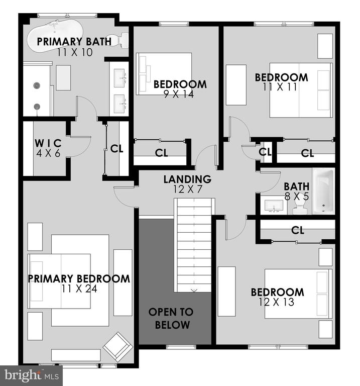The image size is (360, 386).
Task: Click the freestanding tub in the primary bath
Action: coord(55,35)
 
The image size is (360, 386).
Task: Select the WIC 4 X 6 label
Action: coord(48,148)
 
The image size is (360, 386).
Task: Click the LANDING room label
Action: coord(187,179)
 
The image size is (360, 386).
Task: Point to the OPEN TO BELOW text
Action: coord(171,318)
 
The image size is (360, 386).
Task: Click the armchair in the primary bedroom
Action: coord(118,347)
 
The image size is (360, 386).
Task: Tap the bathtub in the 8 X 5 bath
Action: coord(323,191)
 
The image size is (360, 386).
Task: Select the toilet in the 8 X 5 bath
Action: coord(300,206)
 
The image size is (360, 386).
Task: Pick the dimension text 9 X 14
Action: coord(179,94)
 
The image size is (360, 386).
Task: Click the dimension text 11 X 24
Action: coord(79,288)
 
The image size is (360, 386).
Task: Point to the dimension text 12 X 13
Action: coord(276,302)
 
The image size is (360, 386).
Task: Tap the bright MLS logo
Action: coord(31,375)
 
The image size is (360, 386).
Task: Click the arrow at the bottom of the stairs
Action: coord(194,291)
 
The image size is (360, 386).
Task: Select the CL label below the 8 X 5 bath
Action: coord(298,230)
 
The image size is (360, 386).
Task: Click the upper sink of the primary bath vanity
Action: coord(121,78)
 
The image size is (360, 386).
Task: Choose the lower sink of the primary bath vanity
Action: coord(121,104)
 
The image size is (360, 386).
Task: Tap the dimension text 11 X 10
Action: coord(75,52)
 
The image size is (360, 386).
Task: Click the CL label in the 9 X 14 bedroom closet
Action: coord(162,153)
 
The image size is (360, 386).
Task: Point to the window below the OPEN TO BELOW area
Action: coord(181,347)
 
